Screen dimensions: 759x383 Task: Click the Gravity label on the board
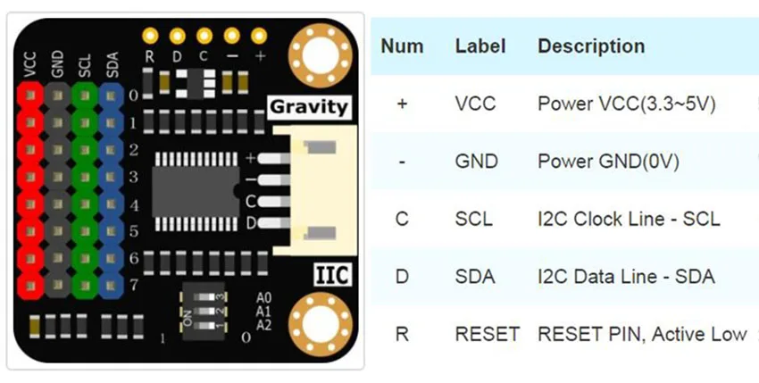309,107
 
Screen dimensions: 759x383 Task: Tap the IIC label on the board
332,275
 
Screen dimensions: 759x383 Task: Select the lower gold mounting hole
320,323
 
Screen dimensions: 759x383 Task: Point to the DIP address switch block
203,311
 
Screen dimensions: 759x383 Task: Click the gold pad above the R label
150,36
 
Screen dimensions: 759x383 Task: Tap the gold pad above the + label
259,36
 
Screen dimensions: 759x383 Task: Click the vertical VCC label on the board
30,64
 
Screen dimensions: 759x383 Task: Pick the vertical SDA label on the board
113,65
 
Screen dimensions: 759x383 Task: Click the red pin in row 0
30,96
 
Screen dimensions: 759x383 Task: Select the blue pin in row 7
112,286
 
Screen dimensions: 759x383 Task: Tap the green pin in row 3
85,177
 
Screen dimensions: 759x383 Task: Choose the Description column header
591,46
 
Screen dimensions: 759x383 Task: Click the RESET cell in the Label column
488,334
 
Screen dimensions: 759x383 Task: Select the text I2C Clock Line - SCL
629,219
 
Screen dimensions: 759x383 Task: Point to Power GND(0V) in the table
608,162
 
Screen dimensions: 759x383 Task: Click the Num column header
402,46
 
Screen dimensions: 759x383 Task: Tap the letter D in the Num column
402,277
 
